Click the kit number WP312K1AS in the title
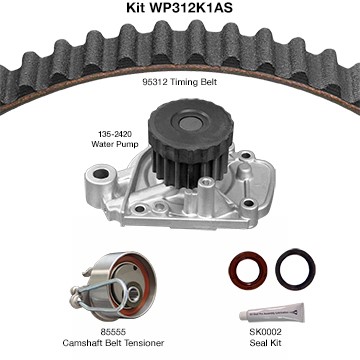click(191, 8)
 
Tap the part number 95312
click(154, 82)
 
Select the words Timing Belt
click(193, 82)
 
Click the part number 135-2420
click(115, 134)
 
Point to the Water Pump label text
click(115, 144)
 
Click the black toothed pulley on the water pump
click(191, 139)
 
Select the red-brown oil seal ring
click(248, 271)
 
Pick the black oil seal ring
click(295, 269)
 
